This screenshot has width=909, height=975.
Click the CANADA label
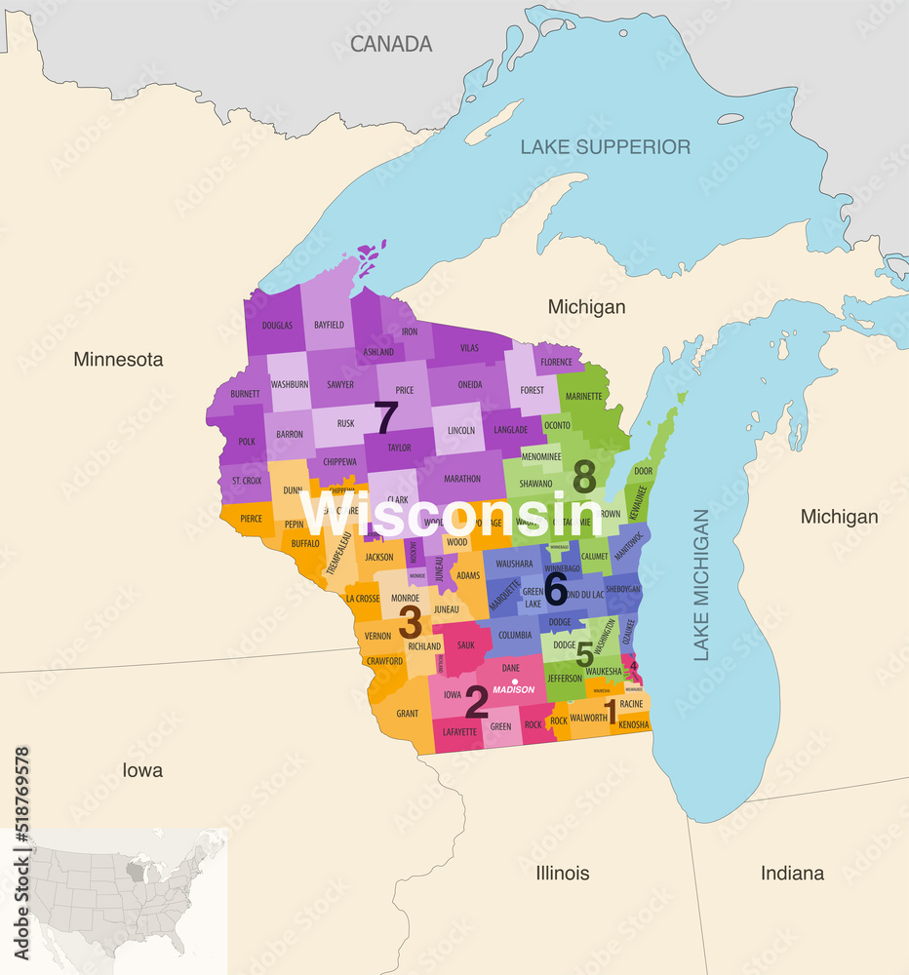[x=391, y=44]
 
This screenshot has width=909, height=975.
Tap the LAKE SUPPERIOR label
[x=605, y=147]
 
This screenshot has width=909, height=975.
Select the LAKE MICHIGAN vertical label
[x=701, y=585]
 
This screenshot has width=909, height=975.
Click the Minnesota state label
[x=118, y=360]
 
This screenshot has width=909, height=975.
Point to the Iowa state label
[x=142, y=770]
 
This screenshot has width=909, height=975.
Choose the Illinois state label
[x=562, y=873]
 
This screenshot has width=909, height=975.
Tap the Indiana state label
[x=792, y=873]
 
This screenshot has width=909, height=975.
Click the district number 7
[x=386, y=418]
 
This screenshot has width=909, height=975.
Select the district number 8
[x=584, y=477]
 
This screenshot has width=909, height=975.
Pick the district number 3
[x=410, y=621]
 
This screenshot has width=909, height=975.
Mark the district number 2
[x=476, y=701]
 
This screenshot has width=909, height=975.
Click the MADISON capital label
[x=513, y=690]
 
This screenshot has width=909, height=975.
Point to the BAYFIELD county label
[x=329, y=325]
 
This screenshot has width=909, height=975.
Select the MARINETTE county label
[x=584, y=397]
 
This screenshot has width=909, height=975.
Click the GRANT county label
[x=408, y=714]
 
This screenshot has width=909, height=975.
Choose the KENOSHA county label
[x=633, y=724]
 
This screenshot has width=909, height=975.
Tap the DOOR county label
[x=643, y=471]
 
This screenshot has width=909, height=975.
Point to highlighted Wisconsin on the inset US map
[x=153, y=870]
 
